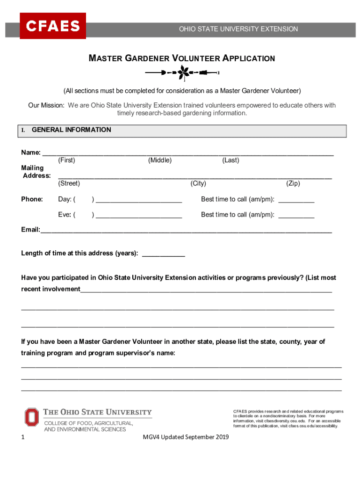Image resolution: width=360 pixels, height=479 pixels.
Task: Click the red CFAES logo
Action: [53, 26]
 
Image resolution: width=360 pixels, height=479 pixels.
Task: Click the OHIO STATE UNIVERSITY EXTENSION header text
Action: [238, 29]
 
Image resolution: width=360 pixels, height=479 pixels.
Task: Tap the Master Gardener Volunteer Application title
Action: [182, 58]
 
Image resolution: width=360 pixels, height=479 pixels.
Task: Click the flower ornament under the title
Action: [182, 73]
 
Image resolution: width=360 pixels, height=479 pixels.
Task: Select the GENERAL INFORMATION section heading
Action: [71, 130]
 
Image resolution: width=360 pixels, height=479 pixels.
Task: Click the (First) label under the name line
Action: [66, 160]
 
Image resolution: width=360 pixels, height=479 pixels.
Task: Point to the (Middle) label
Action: [160, 160]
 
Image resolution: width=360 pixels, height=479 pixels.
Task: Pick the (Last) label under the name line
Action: [230, 160]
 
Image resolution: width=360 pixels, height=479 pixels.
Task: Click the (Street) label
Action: [69, 183]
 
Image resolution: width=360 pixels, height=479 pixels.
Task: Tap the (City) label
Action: [198, 183]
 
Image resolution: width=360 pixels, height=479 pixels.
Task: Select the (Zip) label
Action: [293, 183]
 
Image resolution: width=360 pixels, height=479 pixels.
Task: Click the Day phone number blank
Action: [138, 200]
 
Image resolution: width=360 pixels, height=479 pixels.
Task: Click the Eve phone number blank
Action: [138, 216]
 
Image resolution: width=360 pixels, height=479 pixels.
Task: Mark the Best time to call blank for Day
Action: [296, 200]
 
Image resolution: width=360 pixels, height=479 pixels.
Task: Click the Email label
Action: [30, 230]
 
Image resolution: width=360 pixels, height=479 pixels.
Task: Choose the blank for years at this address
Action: [163, 254]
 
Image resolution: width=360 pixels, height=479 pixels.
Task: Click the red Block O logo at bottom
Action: [32, 417]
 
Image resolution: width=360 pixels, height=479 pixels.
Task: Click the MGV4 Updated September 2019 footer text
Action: [186, 437]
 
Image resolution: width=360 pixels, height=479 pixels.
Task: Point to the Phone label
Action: [32, 199]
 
